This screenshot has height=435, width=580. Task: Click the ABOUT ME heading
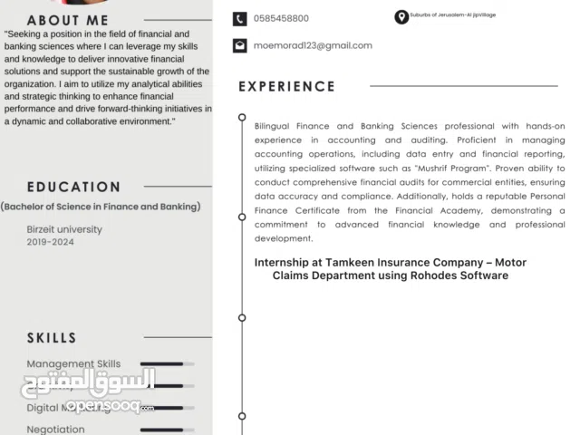(x=67, y=20)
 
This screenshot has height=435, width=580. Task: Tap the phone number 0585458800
(x=281, y=18)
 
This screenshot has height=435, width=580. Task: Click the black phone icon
(x=239, y=18)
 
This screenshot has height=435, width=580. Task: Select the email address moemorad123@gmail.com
(x=313, y=45)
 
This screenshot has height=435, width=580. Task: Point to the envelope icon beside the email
(x=239, y=45)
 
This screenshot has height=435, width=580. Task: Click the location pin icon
(x=401, y=17)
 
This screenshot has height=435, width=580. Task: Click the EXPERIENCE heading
(x=286, y=87)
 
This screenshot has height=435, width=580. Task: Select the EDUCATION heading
(x=73, y=188)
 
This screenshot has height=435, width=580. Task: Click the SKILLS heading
(x=52, y=338)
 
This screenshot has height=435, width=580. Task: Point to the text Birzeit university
(x=64, y=229)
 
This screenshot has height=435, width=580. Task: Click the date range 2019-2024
(x=51, y=242)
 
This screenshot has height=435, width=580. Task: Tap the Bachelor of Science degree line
(x=101, y=207)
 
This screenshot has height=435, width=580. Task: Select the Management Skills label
(x=73, y=364)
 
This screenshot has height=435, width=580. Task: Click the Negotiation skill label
(x=55, y=430)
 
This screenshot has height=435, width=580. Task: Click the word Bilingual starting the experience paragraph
(x=275, y=126)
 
